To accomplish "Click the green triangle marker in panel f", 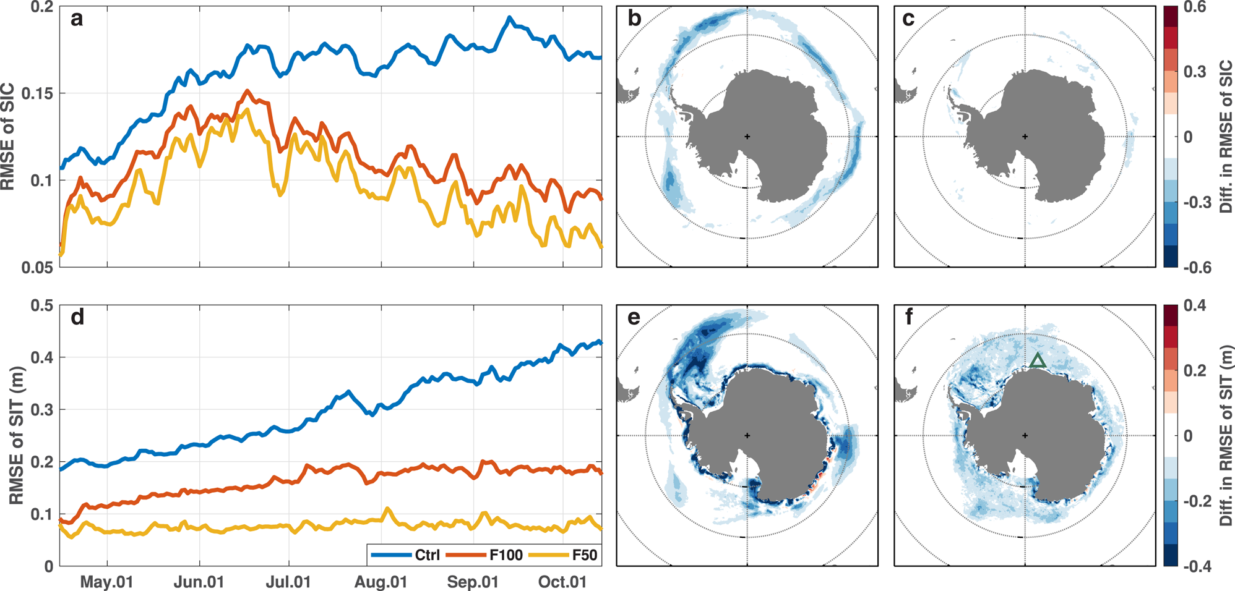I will [1038, 360].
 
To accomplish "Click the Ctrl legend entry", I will [427, 555].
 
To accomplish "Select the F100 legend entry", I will [506, 555].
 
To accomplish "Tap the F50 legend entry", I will [584, 555].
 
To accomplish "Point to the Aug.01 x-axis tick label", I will [381, 582].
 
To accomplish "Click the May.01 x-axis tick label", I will [106, 582].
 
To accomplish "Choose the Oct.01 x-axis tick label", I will [562, 582].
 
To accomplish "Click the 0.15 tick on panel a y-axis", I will [38, 93].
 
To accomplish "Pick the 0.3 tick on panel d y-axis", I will [41, 410].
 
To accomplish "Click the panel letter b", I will [634, 19].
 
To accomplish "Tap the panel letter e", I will [634, 318].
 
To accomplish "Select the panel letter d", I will [77, 318].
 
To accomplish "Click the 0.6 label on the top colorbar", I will [1194, 7].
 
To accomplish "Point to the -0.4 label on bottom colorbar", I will [1197, 566].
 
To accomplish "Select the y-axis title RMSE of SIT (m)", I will [17, 436].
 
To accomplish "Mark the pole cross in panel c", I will [1025, 137].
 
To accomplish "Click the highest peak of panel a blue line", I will [509, 18].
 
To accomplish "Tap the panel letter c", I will [908, 19].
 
